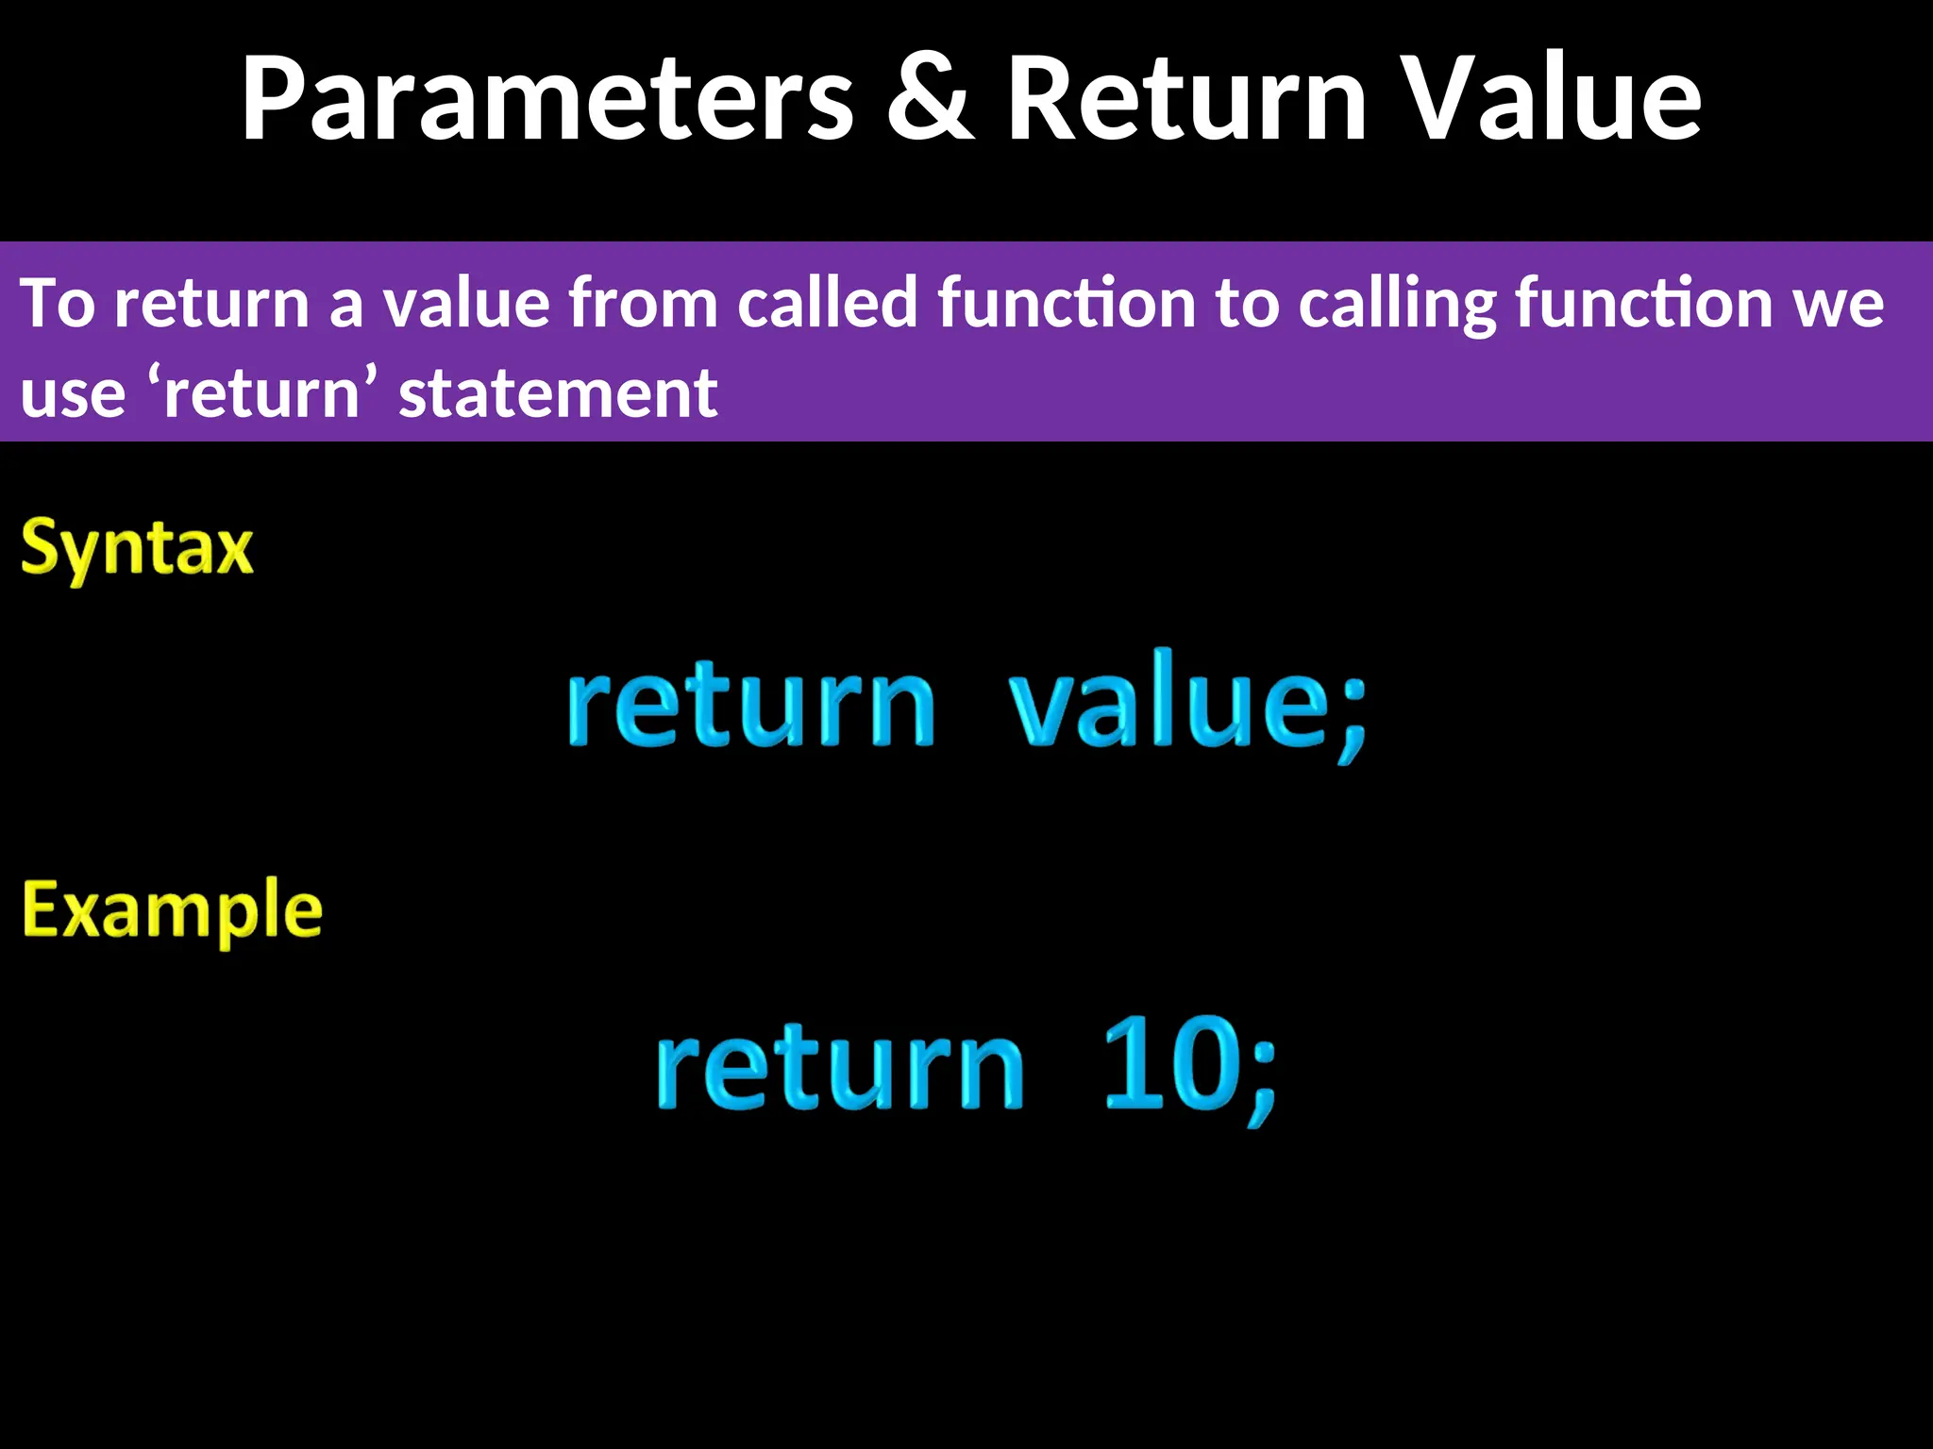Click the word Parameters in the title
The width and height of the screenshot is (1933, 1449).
tap(547, 99)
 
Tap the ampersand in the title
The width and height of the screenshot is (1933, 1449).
tap(930, 99)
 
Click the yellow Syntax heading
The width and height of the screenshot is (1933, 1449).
tap(138, 548)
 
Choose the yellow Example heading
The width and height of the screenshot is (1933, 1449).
tap(172, 910)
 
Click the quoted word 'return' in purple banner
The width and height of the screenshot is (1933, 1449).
tap(262, 392)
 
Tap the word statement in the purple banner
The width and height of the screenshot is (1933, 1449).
tap(558, 392)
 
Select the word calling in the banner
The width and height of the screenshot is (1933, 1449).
tap(1397, 303)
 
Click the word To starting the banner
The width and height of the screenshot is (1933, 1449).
tap(57, 303)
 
